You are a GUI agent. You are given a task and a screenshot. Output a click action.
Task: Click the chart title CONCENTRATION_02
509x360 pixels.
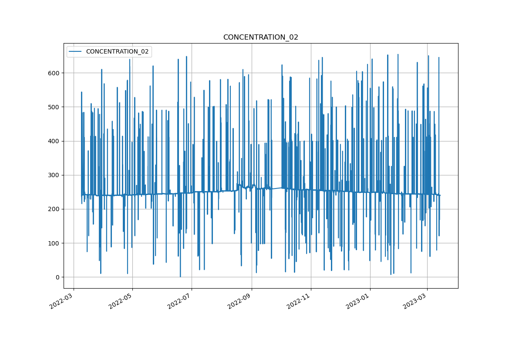260,37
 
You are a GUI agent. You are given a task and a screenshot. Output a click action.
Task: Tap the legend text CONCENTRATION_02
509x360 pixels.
117,51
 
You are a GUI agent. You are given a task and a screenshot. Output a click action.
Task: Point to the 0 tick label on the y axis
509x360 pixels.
57,277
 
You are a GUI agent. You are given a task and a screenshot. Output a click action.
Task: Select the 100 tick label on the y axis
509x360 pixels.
54,243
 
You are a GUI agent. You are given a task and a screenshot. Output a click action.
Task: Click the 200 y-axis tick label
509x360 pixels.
54,209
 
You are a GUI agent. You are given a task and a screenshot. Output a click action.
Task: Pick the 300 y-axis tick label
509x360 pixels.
54,175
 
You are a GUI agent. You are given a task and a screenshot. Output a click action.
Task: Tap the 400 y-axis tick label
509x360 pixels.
54,141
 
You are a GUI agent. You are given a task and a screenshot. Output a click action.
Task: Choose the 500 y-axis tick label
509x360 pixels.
54,107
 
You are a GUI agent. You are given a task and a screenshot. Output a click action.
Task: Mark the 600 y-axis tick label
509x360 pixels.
54,73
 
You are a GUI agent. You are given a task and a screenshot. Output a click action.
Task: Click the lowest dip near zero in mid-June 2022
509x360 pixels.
180,276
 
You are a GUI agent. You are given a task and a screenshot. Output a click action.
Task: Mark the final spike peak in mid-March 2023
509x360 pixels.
438,57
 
